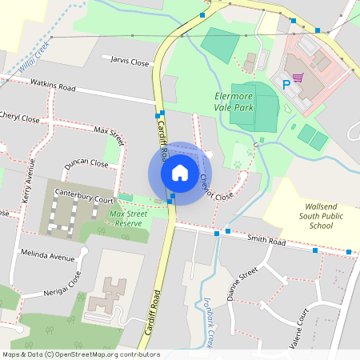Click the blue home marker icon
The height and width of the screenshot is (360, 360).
pos(180,172)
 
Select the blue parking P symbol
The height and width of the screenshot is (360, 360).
pos(286,82)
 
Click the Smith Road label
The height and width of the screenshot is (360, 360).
pos(266,241)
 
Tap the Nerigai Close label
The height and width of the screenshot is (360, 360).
pos(62,286)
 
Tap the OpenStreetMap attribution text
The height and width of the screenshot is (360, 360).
pos(80,354)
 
